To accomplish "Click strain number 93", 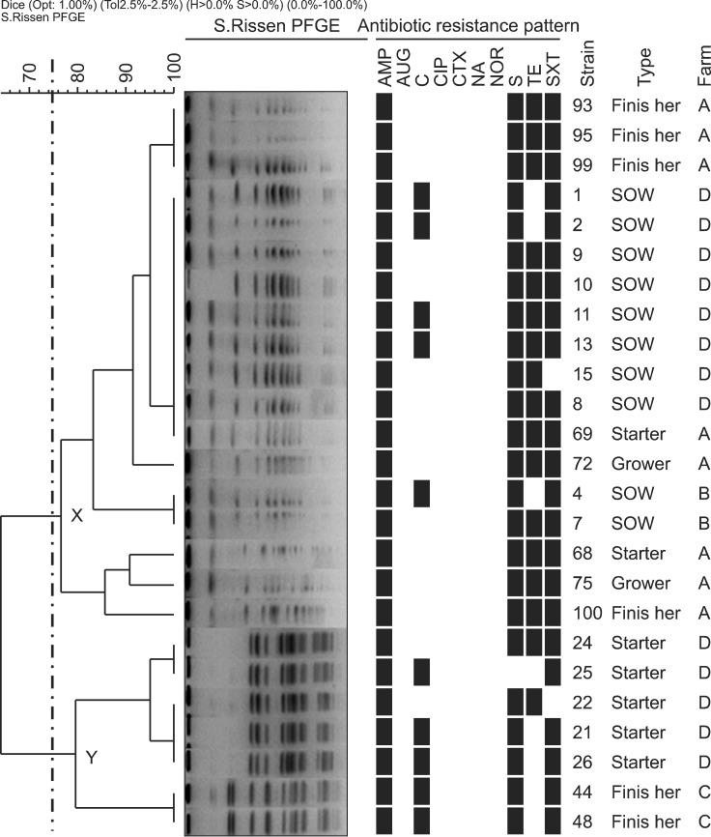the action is click(583, 104).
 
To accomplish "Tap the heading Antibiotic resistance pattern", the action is click(469, 25).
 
